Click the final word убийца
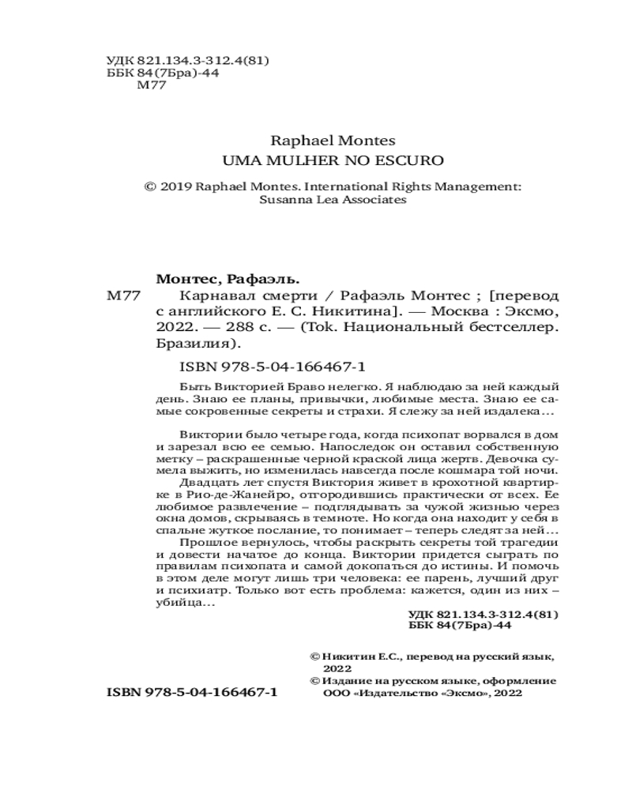[x=178, y=603]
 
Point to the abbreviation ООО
[x=336, y=693]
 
